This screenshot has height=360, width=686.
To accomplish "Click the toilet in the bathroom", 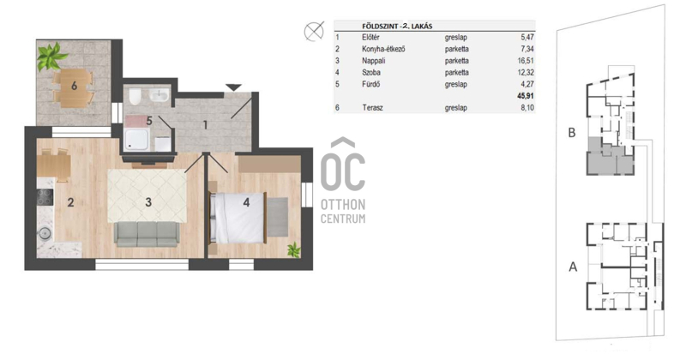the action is [135, 97].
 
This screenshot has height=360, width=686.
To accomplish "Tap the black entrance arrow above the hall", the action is [233, 87].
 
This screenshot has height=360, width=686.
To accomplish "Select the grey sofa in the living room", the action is [147, 234].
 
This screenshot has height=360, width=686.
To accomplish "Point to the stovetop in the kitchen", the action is [45, 197].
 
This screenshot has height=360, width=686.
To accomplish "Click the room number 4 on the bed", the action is [246, 202].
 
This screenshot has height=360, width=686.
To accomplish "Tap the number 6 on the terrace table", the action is [74, 86].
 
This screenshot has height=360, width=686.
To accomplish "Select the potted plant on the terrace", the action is [51, 57].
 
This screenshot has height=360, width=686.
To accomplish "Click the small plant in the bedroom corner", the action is [294, 249].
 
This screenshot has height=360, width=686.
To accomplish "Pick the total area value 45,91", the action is [526, 96].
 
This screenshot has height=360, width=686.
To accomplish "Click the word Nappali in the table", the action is [373, 61].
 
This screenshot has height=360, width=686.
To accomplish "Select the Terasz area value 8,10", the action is [527, 108].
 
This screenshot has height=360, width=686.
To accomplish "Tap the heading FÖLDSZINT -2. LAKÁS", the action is [397, 27].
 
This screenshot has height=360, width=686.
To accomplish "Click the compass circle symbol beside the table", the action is [314, 32].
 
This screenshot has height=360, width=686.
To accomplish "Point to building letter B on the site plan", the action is [572, 133].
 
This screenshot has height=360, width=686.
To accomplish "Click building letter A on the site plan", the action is [573, 267].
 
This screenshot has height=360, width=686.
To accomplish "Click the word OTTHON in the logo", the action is [343, 205].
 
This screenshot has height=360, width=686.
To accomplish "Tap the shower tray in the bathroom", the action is [135, 140].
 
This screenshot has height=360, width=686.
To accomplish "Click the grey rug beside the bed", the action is [277, 218].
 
